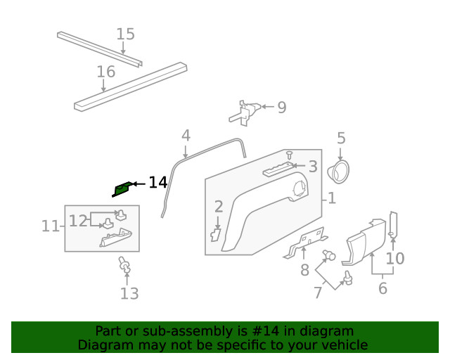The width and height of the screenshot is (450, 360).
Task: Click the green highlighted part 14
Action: click(122, 188)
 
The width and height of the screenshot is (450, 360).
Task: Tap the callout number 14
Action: click(157, 183)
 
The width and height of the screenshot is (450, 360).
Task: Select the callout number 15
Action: click(125, 34)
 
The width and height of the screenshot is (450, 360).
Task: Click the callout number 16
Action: click(105, 72)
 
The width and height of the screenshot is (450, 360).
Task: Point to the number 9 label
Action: click(281, 108)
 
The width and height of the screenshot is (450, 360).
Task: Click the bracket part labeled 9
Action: click(247, 111)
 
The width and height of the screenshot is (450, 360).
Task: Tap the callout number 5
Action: click(341, 139)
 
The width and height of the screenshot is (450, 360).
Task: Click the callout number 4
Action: click(186, 135)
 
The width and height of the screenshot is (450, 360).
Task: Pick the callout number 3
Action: click(313, 167)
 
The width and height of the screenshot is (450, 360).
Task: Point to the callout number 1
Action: click(331, 199)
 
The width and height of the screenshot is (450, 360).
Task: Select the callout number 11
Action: click(50, 226)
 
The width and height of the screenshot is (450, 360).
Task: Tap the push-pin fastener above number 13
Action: click(125, 265)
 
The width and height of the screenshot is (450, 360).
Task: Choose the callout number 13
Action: click(129, 294)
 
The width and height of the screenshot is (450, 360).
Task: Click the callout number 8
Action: click(304, 270)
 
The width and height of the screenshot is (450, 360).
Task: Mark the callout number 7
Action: click(318, 292)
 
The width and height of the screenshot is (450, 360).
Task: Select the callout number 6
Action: click(382, 288)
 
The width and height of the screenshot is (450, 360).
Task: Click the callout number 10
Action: click(395, 258)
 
